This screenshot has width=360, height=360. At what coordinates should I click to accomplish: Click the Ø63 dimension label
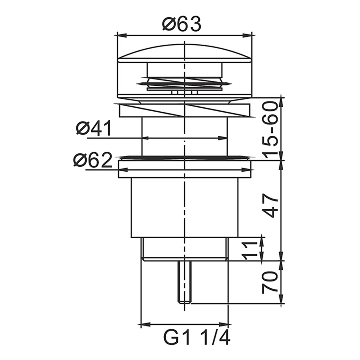point(181,24)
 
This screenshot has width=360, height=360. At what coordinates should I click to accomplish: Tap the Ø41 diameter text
point(94,129)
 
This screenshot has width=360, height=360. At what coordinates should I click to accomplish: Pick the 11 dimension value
point(249,250)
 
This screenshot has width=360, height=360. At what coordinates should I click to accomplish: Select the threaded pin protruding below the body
point(184,282)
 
